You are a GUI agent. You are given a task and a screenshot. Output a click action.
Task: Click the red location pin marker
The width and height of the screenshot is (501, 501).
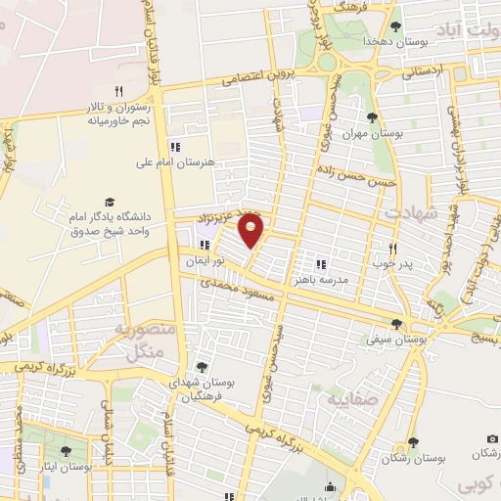click(251, 231)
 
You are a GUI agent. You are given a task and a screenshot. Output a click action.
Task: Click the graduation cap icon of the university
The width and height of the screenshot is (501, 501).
click(109, 201)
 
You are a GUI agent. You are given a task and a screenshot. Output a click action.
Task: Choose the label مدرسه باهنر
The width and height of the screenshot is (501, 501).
click(319, 279)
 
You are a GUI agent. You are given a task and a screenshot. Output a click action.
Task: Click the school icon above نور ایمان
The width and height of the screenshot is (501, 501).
click(205, 246)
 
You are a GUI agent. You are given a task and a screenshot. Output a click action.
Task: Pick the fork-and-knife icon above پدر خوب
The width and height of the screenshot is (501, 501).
click(392, 249)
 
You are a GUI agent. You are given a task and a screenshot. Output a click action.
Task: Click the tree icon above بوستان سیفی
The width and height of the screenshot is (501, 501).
click(396, 323)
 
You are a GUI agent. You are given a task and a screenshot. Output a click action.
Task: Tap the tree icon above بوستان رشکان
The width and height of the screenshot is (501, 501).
click(412, 443)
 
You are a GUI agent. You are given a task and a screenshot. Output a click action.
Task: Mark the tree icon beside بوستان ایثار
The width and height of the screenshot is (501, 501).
click(65, 451)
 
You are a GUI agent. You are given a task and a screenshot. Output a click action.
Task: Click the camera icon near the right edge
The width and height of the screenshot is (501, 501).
click(492, 437)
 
